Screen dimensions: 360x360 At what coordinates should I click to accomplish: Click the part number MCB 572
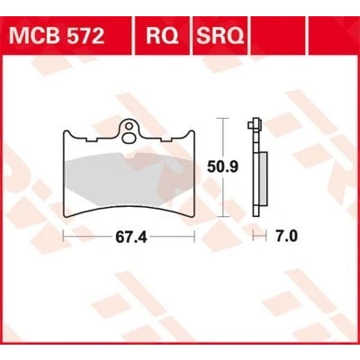click(57, 36)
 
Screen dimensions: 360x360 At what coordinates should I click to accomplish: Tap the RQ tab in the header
click(162, 36)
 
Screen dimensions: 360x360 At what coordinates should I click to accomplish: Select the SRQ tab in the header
click(220, 36)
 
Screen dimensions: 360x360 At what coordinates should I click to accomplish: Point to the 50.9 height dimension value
click(223, 166)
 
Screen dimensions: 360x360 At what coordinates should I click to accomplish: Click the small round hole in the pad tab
click(130, 126)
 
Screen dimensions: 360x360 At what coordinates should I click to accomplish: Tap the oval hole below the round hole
click(129, 138)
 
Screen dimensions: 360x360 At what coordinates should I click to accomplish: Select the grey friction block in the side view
click(263, 179)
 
